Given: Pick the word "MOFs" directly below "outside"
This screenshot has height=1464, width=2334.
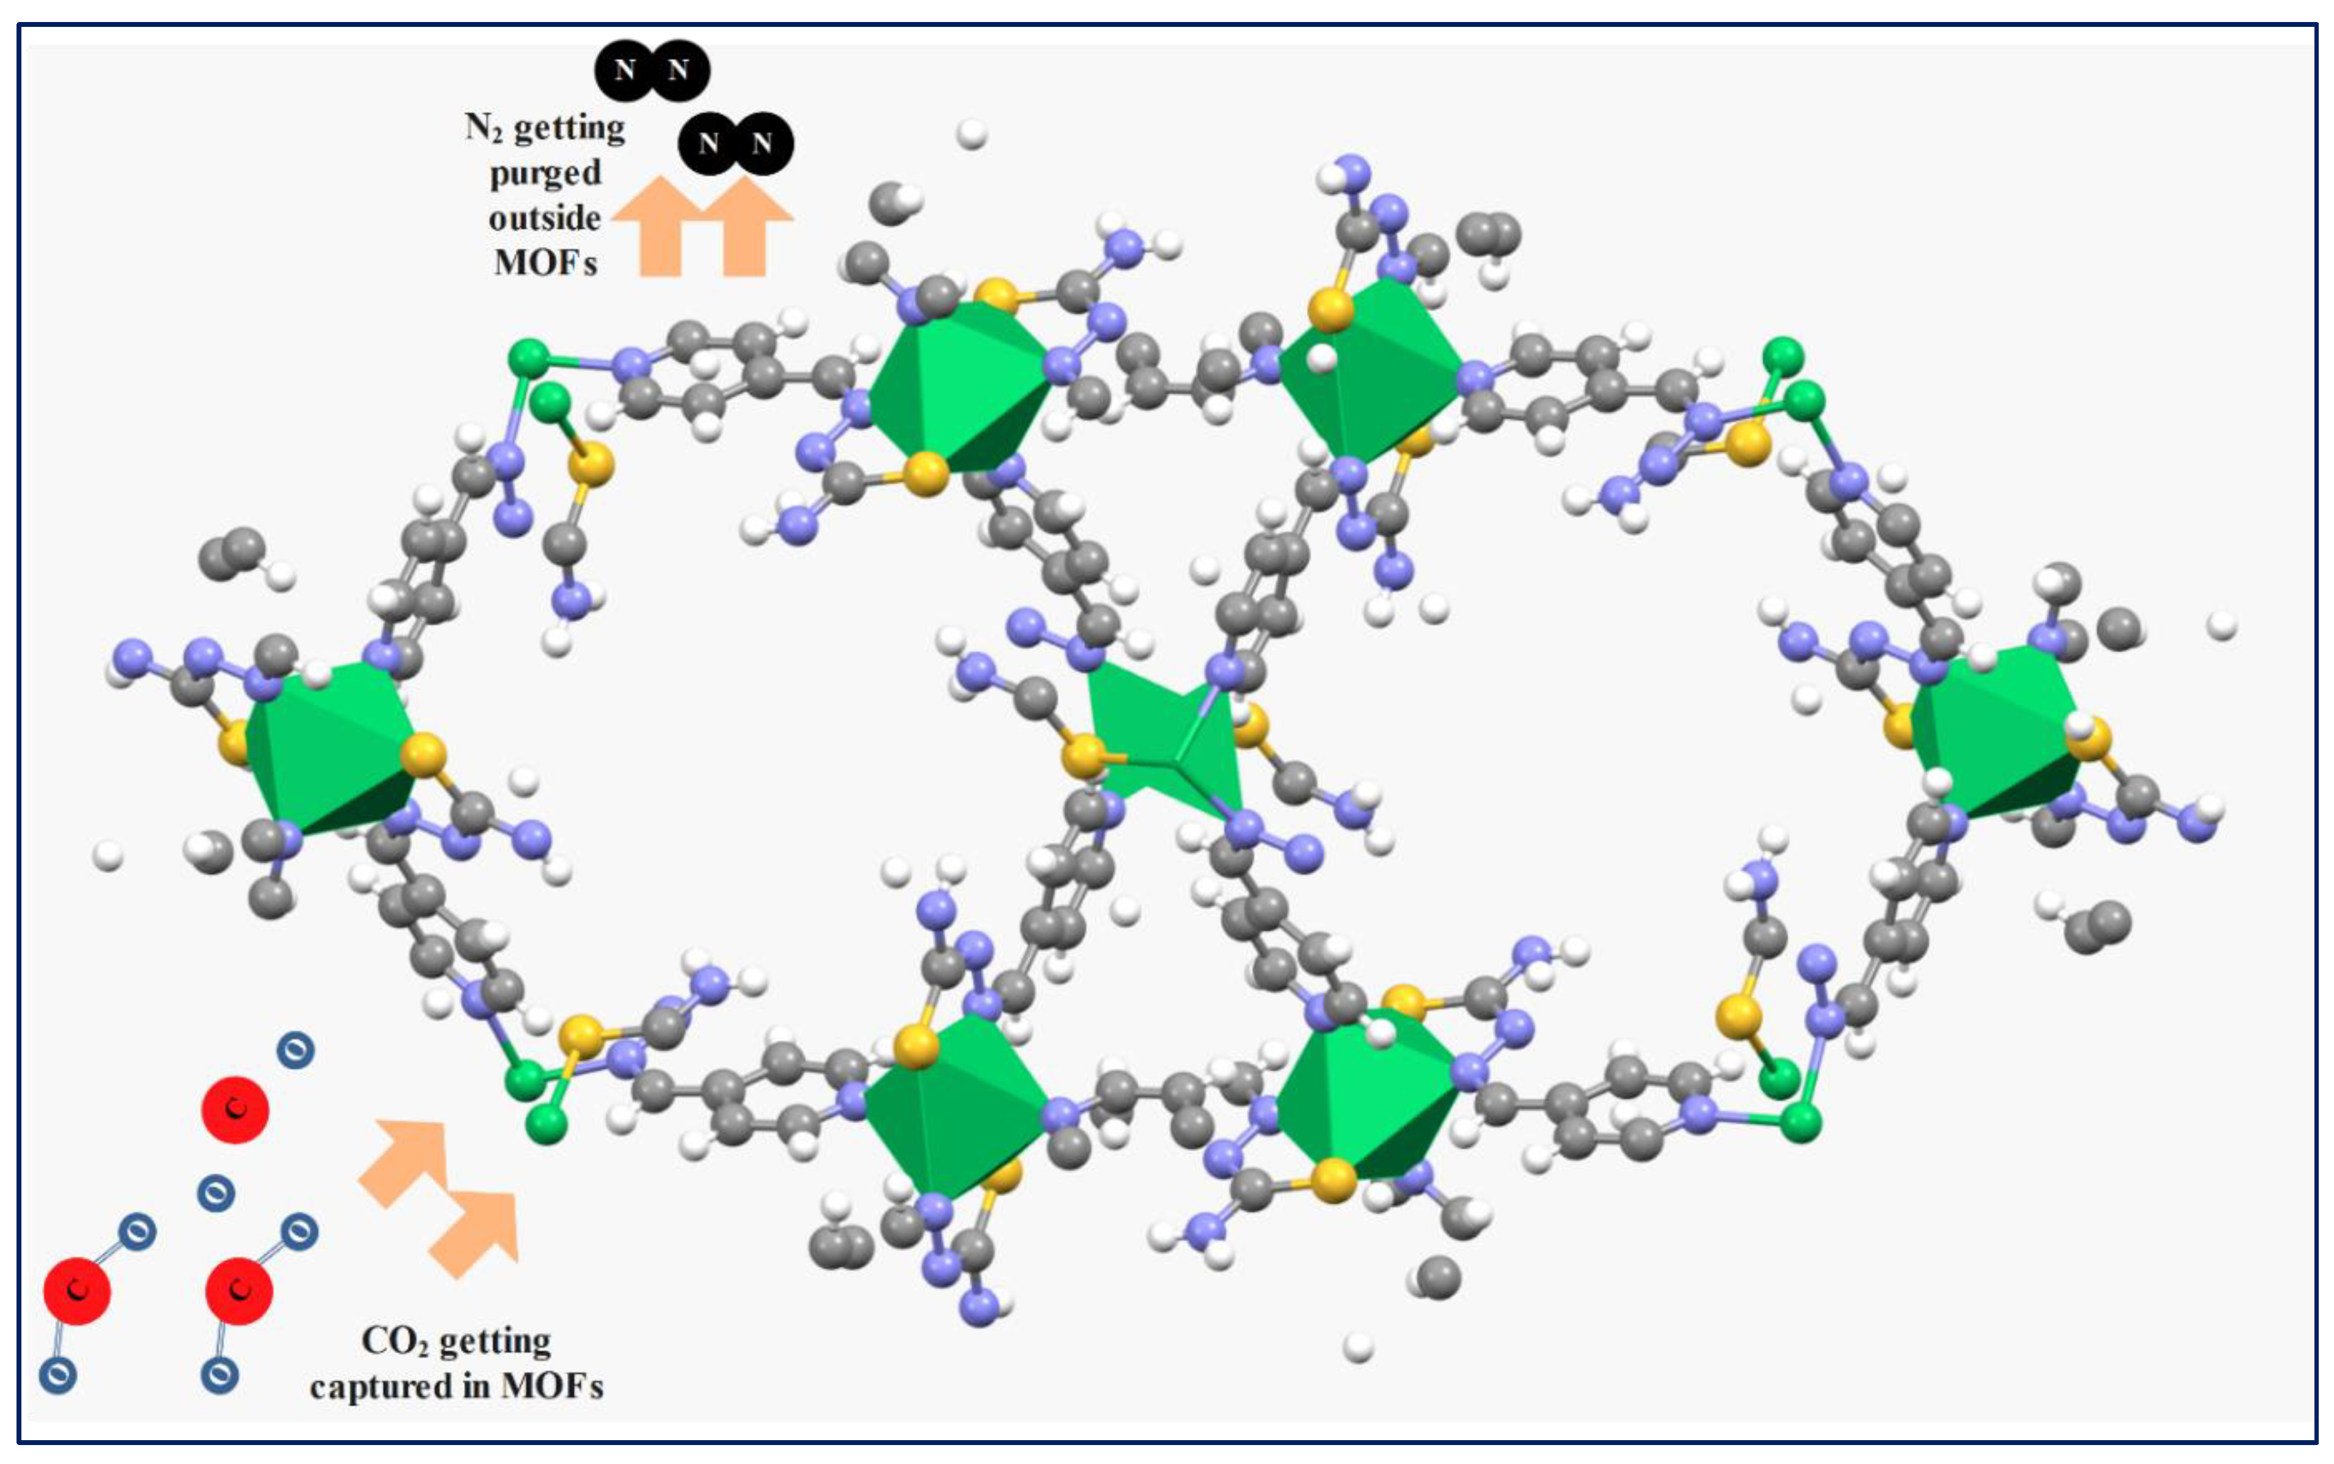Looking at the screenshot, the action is pyautogui.click(x=545, y=262).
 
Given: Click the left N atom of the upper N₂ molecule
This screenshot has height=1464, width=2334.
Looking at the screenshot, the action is pyautogui.click(x=625, y=70).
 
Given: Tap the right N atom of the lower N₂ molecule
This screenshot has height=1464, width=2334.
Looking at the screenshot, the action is pyautogui.click(x=762, y=143).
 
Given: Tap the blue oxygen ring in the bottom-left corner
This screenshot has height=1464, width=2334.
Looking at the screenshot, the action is pyautogui.click(x=58, y=1374).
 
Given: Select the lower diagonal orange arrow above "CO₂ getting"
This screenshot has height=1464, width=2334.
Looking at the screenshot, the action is pyautogui.click(x=477, y=1232).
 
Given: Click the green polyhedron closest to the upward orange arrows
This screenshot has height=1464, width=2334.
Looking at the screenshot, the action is pyautogui.click(x=958, y=388).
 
